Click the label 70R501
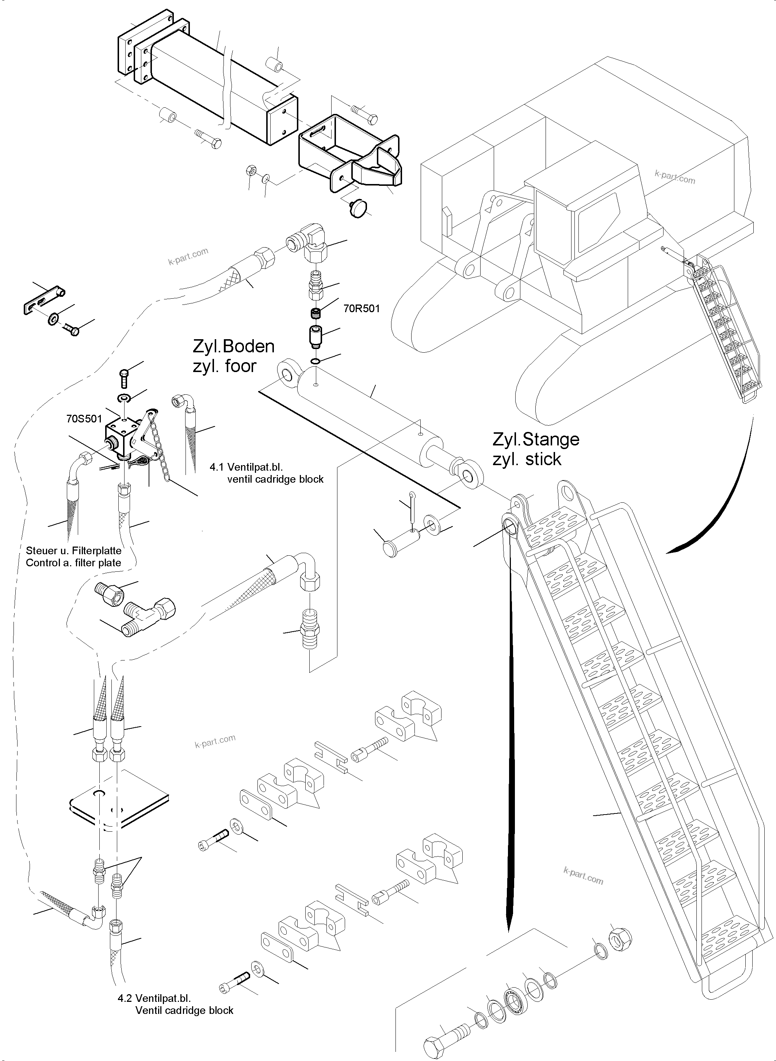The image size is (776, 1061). coord(361,309)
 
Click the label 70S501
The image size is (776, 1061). coord(84,418)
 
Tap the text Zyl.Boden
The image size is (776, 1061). coord(233,346)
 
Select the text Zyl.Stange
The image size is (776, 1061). coord(535,440)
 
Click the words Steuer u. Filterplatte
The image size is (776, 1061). coord(74,551)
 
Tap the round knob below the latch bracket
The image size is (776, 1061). coord(358,206)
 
